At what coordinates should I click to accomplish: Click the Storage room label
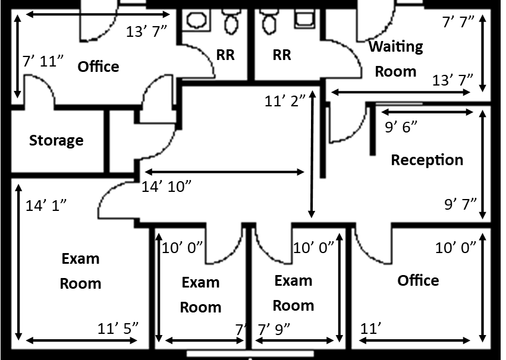tap(56, 141)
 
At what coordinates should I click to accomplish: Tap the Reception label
tap(427, 160)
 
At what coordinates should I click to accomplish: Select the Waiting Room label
tap(395, 59)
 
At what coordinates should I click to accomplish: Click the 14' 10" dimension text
tap(166, 187)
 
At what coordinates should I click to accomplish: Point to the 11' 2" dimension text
tap(285, 101)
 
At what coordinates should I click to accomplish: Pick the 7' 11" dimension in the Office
tap(43, 61)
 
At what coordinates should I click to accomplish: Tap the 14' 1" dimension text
tap(46, 206)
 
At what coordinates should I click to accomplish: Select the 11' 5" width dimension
tap(118, 327)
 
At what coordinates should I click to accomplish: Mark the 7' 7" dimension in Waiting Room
tap(458, 22)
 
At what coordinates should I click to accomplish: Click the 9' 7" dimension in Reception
tap(461, 204)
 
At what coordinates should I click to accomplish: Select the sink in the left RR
tap(195, 20)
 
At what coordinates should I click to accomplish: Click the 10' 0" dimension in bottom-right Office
tap(455, 248)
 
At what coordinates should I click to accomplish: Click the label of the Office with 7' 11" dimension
tap(98, 67)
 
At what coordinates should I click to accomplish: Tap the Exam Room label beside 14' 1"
tap(80, 271)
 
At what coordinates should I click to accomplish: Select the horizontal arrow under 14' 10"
tap(222, 172)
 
